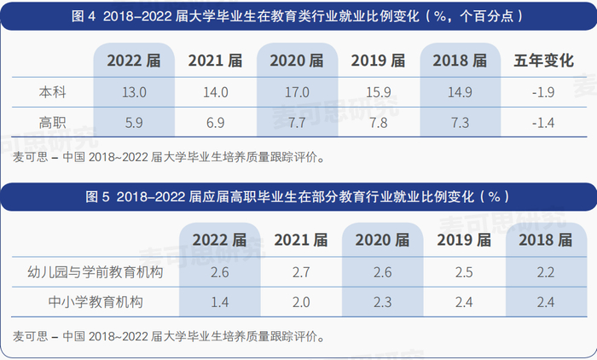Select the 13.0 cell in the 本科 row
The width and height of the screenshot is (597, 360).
pyautogui.click(x=135, y=91)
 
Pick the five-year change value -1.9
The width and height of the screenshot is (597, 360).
pyautogui.click(x=542, y=91)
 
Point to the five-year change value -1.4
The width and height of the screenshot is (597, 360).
pyautogui.click(x=542, y=123)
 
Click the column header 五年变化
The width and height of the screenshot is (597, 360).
pyautogui.click(x=542, y=61)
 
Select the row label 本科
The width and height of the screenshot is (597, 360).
pyautogui.click(x=52, y=91)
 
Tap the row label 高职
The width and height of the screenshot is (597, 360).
pyautogui.click(x=52, y=123)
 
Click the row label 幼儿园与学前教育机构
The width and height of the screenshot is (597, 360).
pyautogui.click(x=96, y=272)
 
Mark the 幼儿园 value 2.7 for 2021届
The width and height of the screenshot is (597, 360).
pyautogui.click(x=300, y=272)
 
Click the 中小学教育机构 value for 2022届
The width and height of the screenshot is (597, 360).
pyautogui.click(x=219, y=302)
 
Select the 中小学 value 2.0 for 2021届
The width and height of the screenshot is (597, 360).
pyautogui.click(x=300, y=302)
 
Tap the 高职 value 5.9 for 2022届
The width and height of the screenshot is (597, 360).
pyautogui.click(x=135, y=123)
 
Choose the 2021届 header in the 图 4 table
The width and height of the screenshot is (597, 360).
pyautogui.click(x=216, y=61)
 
